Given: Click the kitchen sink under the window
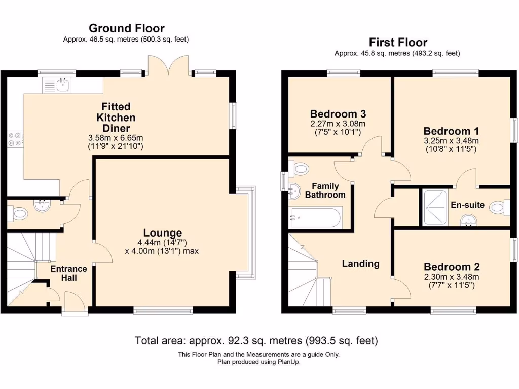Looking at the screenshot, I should (x=63, y=85).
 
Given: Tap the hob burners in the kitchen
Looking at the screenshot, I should (x=14, y=139).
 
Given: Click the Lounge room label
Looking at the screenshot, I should (x=162, y=233).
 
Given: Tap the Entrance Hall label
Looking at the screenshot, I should (x=68, y=274).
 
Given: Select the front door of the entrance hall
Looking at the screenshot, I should (x=71, y=307).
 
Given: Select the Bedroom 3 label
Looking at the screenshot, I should (x=338, y=113).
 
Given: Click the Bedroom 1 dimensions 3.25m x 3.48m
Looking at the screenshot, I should (x=452, y=140).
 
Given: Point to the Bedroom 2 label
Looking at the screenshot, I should (x=452, y=267).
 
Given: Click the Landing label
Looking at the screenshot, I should (x=360, y=263).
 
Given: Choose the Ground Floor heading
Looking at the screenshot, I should (x=126, y=28).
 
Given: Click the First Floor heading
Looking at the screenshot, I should (x=398, y=42).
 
